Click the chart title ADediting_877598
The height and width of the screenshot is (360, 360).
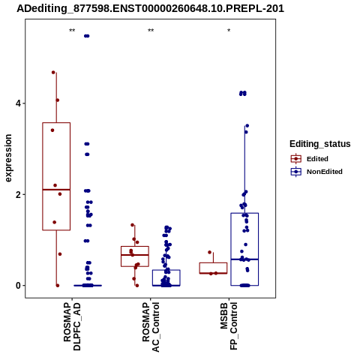(x=151, y=8)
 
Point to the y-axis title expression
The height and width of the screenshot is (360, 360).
(x=8, y=158)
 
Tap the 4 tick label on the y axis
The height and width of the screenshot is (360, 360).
(x=18, y=103)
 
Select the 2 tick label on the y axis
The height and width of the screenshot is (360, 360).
(x=18, y=194)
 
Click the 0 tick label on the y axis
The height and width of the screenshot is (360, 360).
(x=18, y=286)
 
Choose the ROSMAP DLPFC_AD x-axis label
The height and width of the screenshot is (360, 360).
(x=72, y=326)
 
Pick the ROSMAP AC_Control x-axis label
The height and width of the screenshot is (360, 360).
(x=151, y=327)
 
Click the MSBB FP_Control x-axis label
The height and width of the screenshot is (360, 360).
(x=229, y=326)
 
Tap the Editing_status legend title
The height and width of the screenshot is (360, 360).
(x=320, y=144)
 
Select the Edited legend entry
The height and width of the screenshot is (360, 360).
(x=309, y=159)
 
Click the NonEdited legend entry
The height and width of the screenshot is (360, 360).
(x=316, y=172)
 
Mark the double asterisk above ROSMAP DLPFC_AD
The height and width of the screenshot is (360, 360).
(x=72, y=31)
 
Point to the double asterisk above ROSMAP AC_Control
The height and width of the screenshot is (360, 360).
(x=151, y=31)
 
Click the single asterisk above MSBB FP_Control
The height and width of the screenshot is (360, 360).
(x=229, y=31)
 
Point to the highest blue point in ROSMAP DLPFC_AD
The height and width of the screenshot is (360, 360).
(x=87, y=36)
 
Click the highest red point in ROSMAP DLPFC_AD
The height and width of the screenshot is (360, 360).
(x=53, y=72)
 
